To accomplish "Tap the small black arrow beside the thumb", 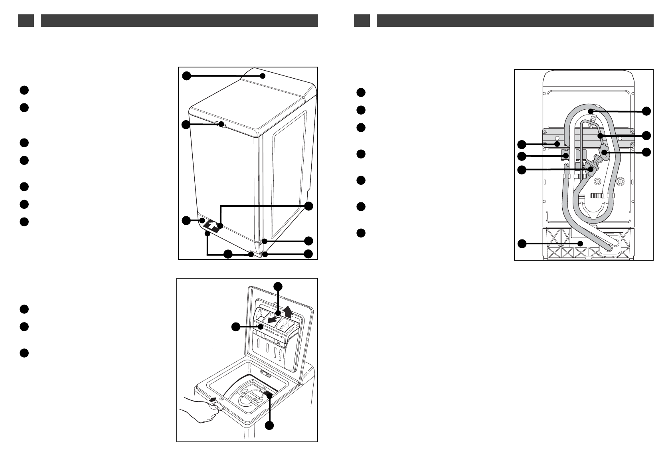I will (x=214, y=399).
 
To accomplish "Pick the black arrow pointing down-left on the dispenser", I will (x=273, y=320).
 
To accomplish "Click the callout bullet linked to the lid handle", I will (x=186, y=125).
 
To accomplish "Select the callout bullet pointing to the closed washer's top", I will (x=186, y=75).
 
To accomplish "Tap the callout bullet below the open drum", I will (x=270, y=426).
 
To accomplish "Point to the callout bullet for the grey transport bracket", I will (x=522, y=144).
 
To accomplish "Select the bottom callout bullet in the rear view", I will (x=522, y=243).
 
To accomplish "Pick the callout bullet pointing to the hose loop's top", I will (x=646, y=111).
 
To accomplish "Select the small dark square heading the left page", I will (x=26, y=21).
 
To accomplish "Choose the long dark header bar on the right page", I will (x=515, y=21).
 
